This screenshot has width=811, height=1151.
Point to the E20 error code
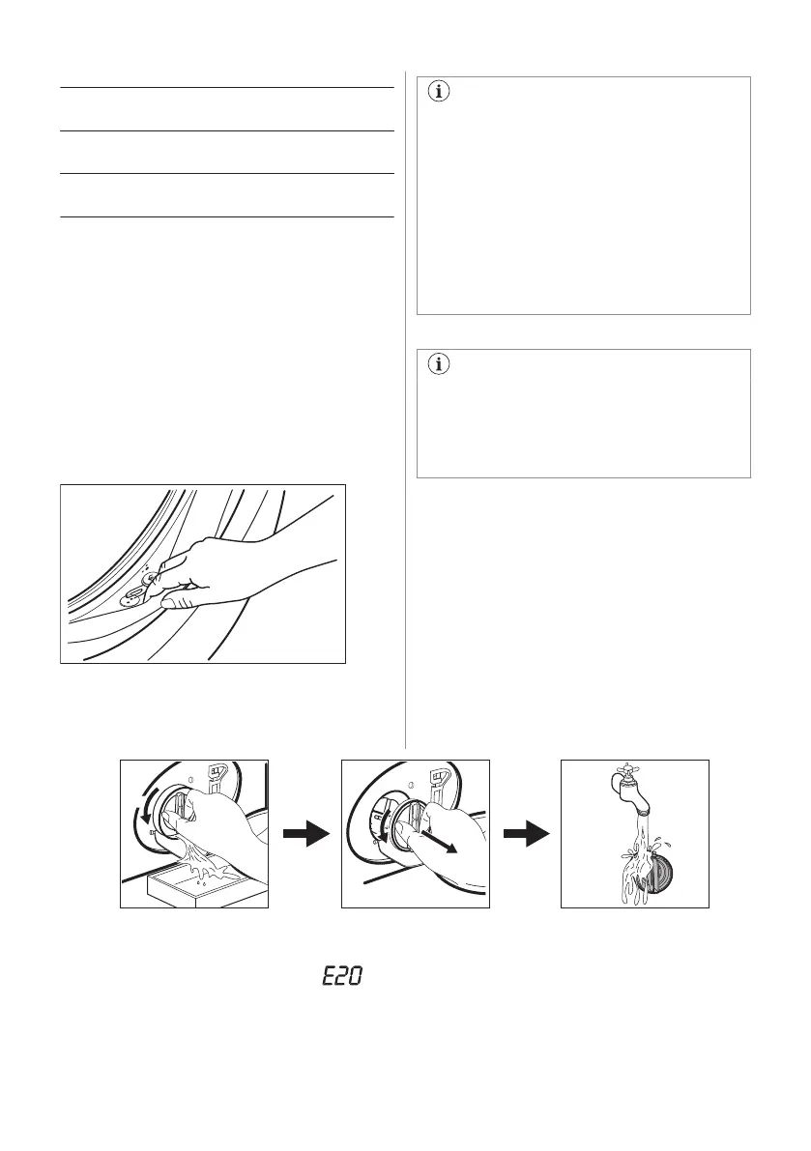342,977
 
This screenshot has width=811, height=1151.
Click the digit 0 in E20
356,977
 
